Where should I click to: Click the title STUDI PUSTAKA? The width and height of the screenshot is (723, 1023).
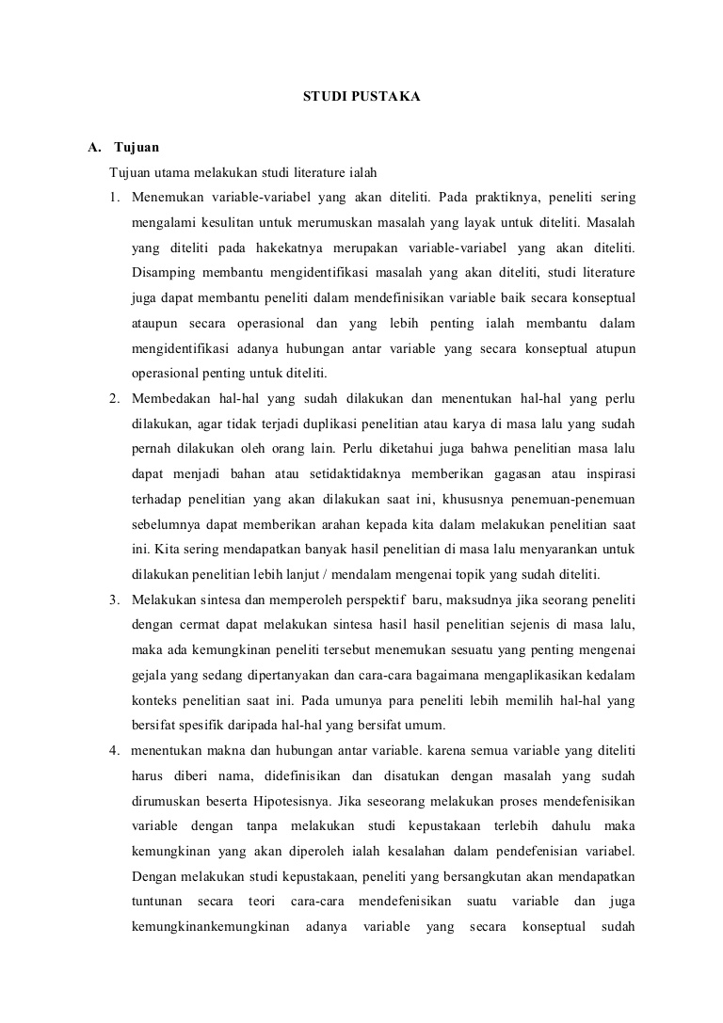(361, 96)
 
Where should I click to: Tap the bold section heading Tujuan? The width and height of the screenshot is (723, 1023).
(137, 148)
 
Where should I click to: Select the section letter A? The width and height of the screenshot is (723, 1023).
(93, 148)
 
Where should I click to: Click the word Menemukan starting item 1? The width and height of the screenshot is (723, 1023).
(165, 198)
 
